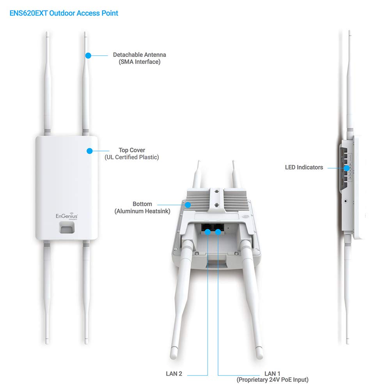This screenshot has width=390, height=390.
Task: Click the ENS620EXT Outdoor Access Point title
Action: (64, 13)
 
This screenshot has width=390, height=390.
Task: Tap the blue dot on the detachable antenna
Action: (88, 55)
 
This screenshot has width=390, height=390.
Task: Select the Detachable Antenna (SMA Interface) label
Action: (139, 58)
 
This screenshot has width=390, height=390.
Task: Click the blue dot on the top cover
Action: (90, 151)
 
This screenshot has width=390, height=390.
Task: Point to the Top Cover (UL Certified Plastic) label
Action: (131, 154)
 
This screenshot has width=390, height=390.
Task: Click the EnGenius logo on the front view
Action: (67, 216)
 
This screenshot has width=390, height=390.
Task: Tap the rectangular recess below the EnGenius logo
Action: (67, 227)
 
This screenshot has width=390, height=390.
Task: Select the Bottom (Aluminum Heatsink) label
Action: (142, 207)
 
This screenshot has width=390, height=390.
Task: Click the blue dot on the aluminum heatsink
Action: (188, 205)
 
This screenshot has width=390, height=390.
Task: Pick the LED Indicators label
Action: (304, 167)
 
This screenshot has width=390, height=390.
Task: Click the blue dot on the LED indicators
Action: (346, 168)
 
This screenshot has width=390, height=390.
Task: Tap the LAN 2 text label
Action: (174, 374)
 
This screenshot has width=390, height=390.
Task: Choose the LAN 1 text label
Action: (272, 374)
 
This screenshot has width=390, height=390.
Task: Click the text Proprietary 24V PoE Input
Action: (272, 380)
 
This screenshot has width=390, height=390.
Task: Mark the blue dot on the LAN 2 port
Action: (208, 232)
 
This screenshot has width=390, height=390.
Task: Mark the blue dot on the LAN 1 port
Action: (218, 232)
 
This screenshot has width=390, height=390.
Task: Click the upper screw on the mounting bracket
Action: (216, 191)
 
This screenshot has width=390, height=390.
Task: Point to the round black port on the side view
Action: (346, 201)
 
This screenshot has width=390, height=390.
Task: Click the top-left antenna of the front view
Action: (47, 83)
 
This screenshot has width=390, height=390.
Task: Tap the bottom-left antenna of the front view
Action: (47, 292)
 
